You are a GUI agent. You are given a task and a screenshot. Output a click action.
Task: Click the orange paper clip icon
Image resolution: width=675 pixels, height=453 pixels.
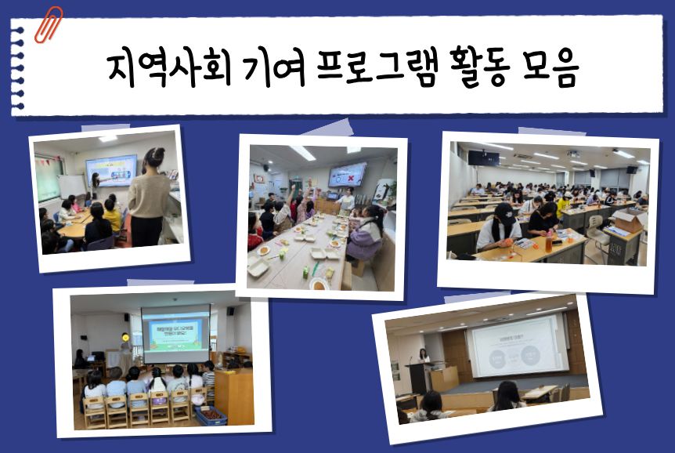[x=48, y=24]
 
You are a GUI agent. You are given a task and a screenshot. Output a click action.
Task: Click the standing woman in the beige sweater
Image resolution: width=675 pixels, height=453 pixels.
[x=149, y=196]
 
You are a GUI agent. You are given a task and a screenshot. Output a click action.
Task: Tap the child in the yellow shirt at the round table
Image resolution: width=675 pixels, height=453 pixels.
[x=113, y=215]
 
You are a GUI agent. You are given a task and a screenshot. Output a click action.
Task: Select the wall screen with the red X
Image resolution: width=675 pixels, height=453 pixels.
[x=347, y=174]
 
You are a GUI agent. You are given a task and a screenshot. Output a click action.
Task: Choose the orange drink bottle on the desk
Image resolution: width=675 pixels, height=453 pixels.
[x=548, y=242]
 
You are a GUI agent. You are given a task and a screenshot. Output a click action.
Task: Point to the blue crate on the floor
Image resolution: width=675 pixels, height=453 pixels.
[x=211, y=415]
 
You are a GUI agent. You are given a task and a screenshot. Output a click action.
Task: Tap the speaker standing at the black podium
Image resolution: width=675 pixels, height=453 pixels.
[x=424, y=358]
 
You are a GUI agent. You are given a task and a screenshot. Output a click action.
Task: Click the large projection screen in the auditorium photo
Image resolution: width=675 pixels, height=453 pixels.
[x=517, y=345]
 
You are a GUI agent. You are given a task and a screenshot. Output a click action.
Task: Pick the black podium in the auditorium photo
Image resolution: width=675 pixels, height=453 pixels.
[x=420, y=378]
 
